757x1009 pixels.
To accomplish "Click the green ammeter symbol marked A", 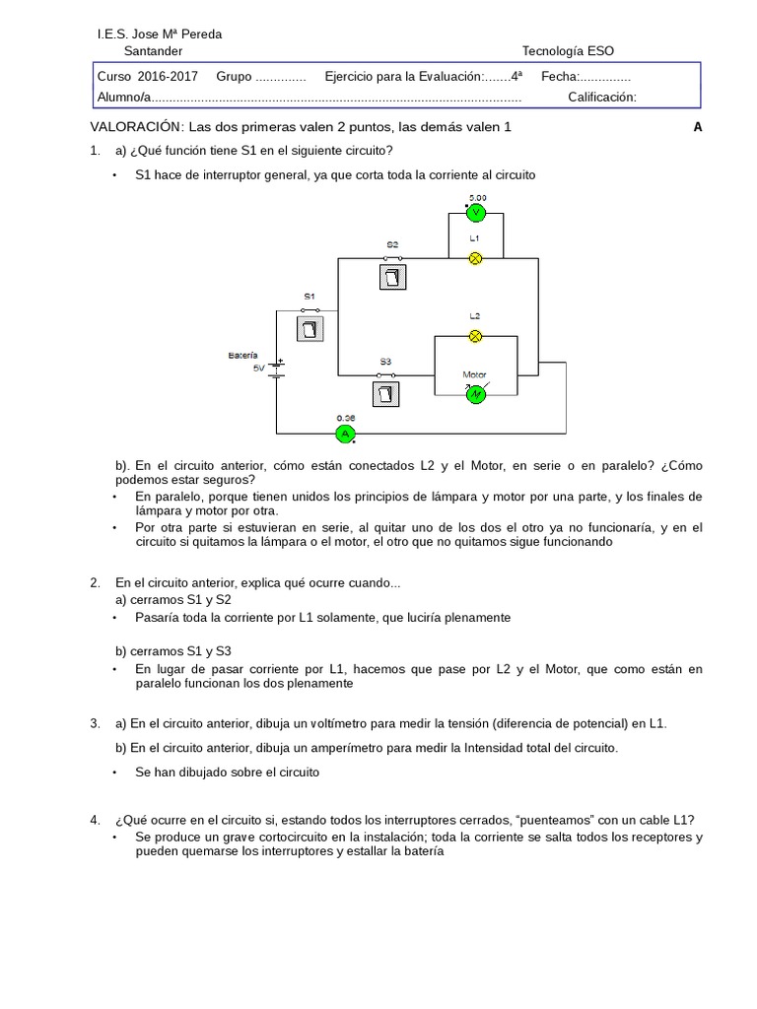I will [344, 434].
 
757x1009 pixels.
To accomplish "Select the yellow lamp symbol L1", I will [474, 258].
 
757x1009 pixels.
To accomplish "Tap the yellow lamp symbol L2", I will [474, 336].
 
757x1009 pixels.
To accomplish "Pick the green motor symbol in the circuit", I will [475, 394].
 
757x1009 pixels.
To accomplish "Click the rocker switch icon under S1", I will [310, 326].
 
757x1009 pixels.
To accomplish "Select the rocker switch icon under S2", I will [392, 277].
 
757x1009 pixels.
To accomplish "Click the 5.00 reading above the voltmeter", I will [477, 197].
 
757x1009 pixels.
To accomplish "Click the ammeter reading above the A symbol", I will [344, 418].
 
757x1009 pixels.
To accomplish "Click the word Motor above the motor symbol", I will [474, 374].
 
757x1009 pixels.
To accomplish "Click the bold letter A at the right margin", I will [698, 127].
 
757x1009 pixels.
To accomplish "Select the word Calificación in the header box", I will [602, 97].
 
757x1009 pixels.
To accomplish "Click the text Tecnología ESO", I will [573, 52].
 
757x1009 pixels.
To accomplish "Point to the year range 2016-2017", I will [168, 76].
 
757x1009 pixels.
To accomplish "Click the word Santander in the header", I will [153, 52].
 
